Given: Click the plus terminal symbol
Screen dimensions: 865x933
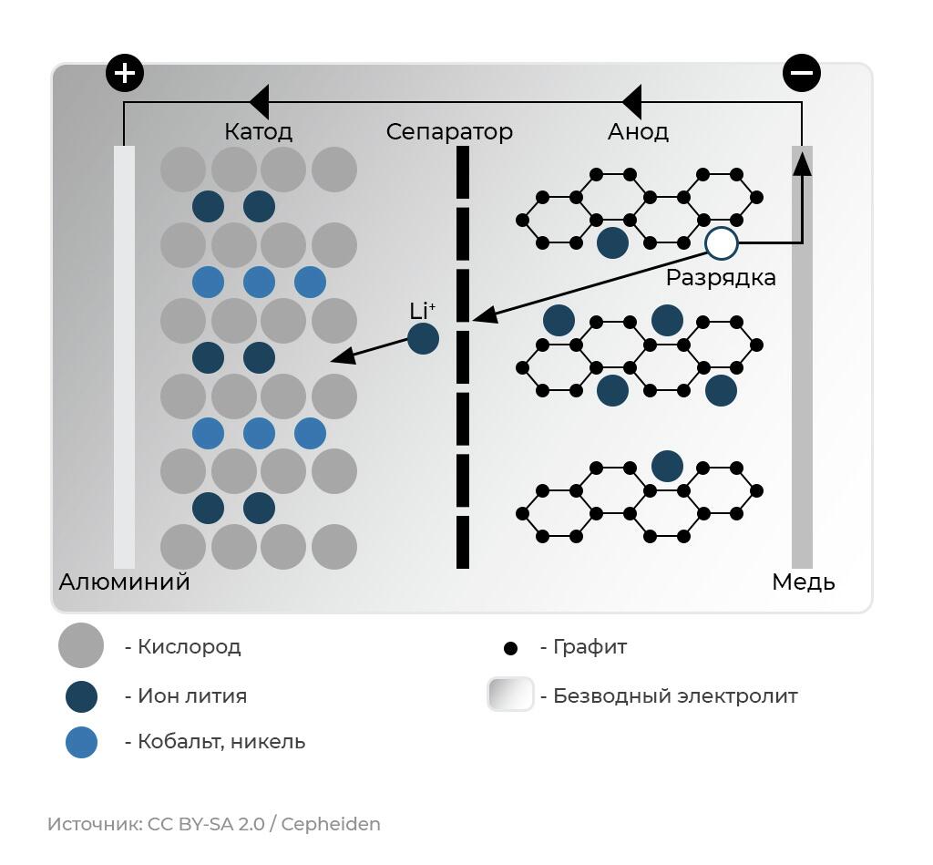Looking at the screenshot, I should (125, 73).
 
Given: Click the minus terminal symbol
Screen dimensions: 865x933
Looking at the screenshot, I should (802, 73).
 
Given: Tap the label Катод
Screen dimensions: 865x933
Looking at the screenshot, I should (258, 132).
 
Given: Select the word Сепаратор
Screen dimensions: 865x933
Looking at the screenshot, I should (449, 132).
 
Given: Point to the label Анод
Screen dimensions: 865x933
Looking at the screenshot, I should (638, 132).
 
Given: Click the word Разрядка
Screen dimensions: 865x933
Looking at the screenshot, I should (721, 278).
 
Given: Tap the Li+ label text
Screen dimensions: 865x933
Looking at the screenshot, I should (422, 311).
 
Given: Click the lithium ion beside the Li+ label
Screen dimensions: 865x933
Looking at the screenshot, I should (423, 339).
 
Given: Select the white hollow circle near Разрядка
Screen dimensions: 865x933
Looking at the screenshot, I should (721, 243).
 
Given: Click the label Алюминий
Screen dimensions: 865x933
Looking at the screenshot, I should (124, 582).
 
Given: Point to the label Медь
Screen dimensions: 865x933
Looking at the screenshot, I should (803, 582).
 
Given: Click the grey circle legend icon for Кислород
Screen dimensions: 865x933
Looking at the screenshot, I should (81, 646).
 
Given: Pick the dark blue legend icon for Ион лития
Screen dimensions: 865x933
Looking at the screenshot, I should (81, 696).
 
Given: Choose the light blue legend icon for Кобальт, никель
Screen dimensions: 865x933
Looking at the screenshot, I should (81, 742).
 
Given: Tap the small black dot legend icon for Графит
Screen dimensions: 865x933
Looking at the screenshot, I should (510, 648).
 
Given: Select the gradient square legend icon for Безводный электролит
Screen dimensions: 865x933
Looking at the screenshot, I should (510, 695).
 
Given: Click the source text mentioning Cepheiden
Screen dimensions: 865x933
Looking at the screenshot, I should (213, 824).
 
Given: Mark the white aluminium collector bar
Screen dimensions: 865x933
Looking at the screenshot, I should (124, 355).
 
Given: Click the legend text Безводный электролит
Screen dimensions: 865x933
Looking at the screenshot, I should (675, 696).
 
